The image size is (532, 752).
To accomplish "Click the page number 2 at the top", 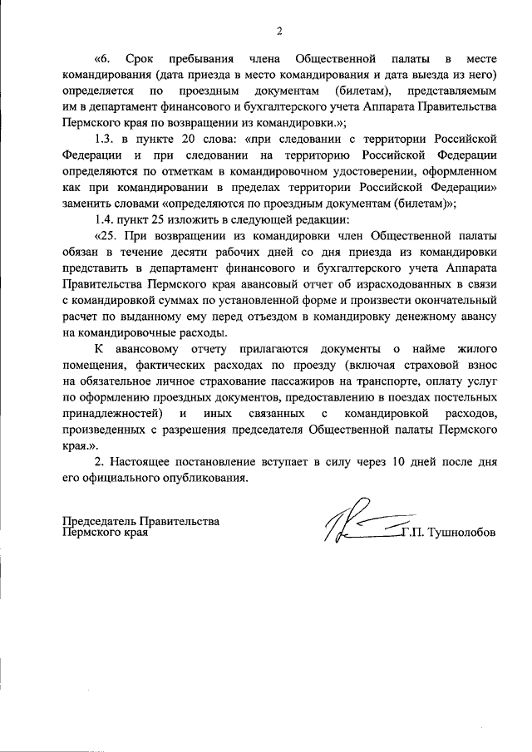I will tap(279, 32).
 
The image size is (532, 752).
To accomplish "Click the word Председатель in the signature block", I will tap(100, 521).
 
